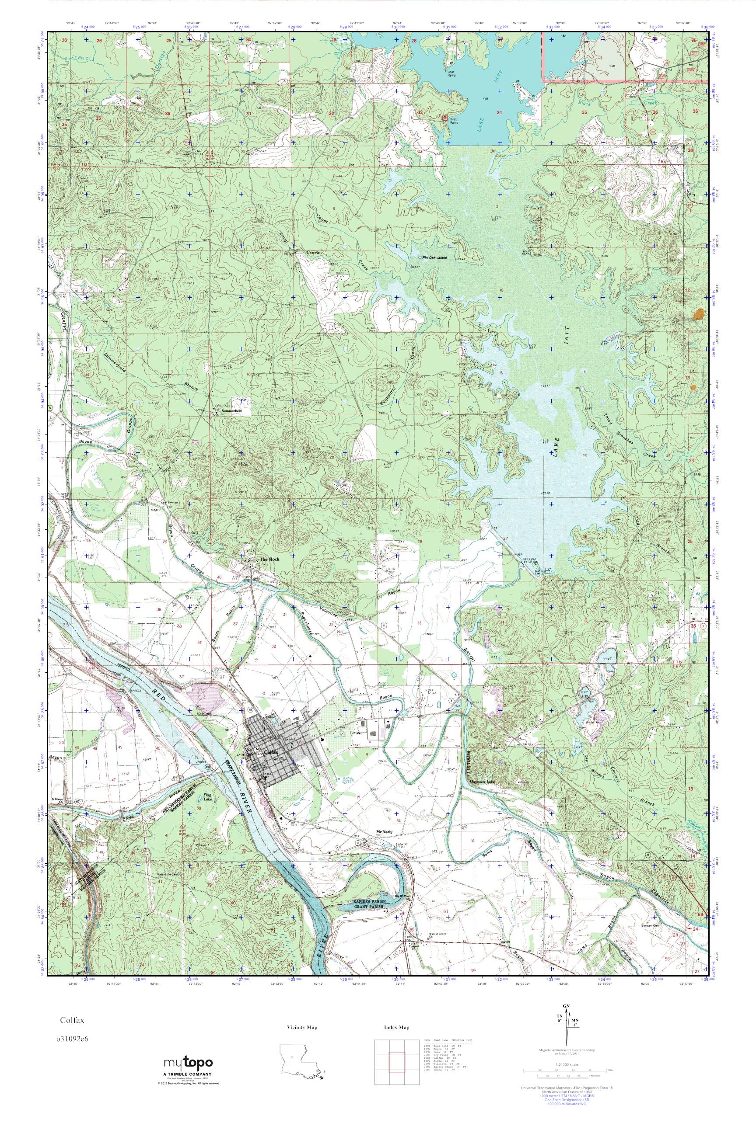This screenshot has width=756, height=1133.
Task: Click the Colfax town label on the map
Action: pyautogui.click(x=269, y=752)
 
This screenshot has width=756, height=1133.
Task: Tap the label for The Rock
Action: pyautogui.click(x=269, y=559)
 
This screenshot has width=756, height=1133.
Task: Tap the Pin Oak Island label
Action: pyautogui.click(x=434, y=258)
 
